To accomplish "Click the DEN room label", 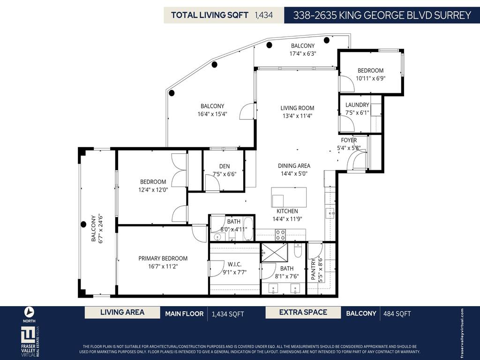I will click(x=224, y=166).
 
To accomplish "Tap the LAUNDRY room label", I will click(x=357, y=105).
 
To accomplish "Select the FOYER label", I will click(x=349, y=140).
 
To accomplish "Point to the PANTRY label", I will click(x=314, y=270).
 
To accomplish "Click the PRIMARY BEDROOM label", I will click(x=163, y=258).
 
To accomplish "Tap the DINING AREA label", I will click(x=294, y=165).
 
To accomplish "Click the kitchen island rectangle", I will click(x=289, y=197).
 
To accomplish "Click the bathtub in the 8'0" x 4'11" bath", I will click(x=248, y=228).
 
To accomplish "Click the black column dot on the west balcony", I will click(x=83, y=224).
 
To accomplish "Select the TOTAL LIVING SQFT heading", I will click(x=210, y=15).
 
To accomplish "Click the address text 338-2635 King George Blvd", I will click(x=382, y=15).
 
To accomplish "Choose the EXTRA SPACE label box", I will click(x=303, y=313).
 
